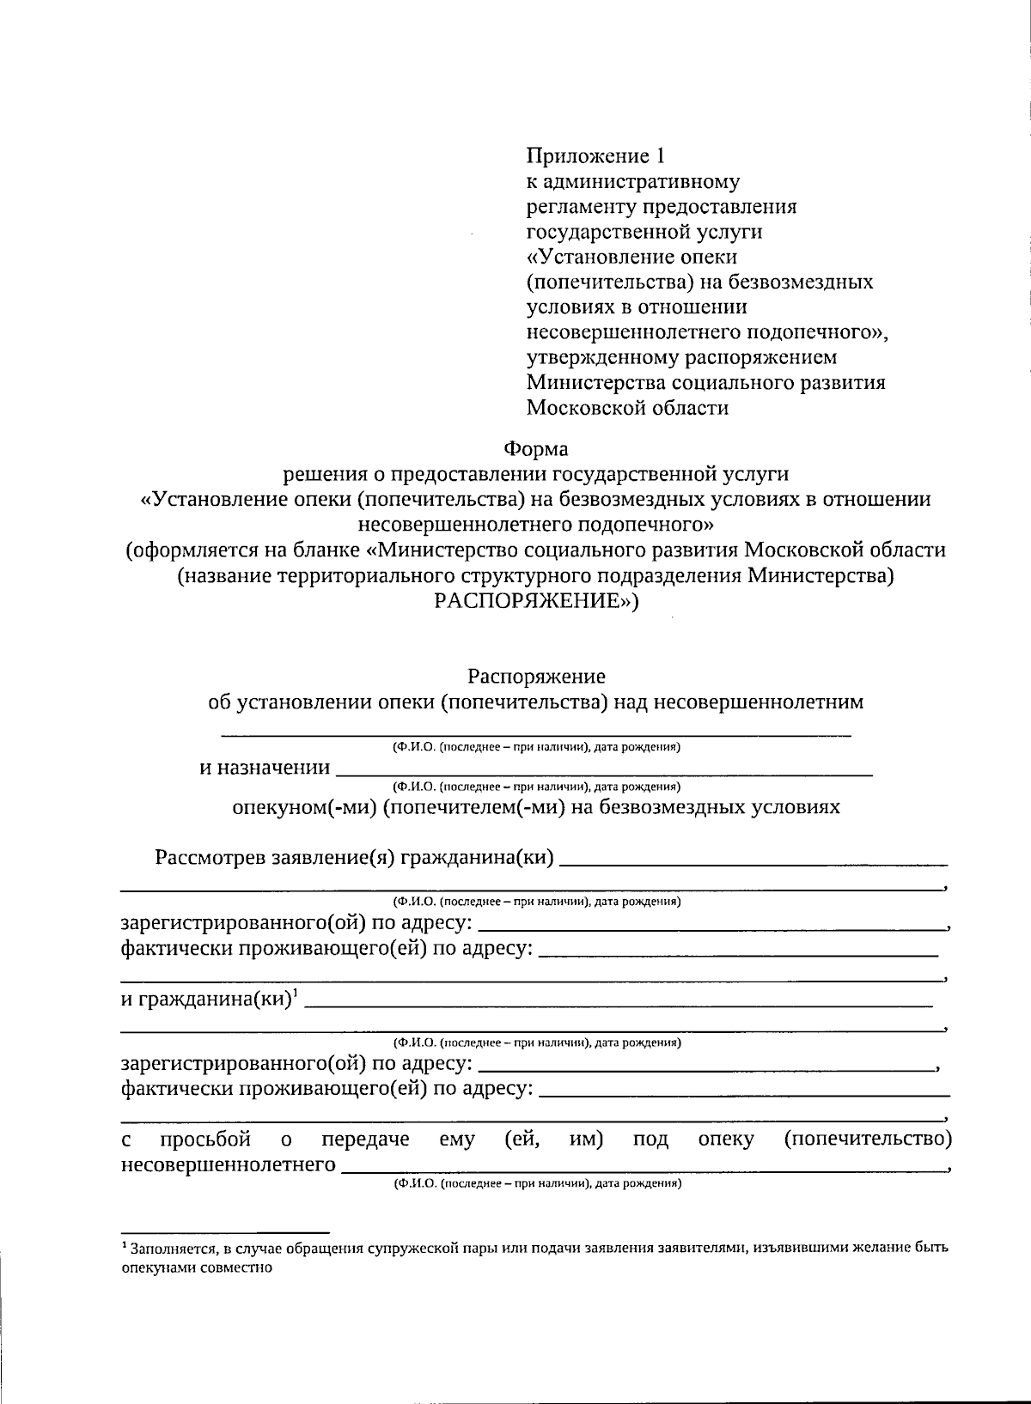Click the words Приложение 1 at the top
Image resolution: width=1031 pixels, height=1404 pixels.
[x=595, y=156]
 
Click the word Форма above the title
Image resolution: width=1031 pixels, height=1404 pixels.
[x=535, y=449]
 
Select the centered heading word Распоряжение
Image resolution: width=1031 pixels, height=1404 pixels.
[x=536, y=677]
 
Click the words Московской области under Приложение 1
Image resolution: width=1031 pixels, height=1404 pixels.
[x=627, y=408]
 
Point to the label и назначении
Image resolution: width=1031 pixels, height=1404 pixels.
[x=265, y=768]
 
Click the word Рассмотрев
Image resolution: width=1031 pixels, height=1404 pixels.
[x=210, y=858]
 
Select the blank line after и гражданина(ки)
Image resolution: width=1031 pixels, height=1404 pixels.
[x=619, y=1004]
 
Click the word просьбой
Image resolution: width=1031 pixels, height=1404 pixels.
[x=205, y=1140]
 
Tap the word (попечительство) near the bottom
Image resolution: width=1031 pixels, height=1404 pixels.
[x=868, y=1140]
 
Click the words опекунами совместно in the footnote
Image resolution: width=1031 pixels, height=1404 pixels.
[x=197, y=1267]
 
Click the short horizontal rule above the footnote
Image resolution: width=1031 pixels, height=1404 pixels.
[x=224, y=1231]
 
